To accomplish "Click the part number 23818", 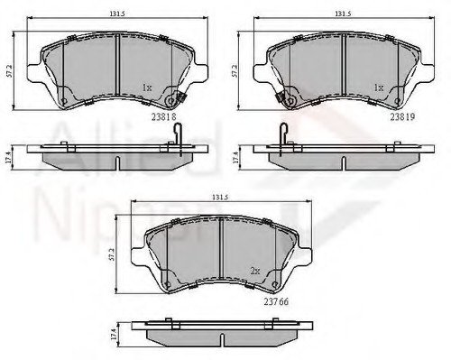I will pyautogui.click(x=164, y=115).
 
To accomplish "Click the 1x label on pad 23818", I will pyautogui.click(x=146, y=88).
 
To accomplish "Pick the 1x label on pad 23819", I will pyautogui.click(x=379, y=88).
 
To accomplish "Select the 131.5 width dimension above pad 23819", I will pyautogui.click(x=342, y=14).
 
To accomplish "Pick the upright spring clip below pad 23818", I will pyautogui.click(x=178, y=133).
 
